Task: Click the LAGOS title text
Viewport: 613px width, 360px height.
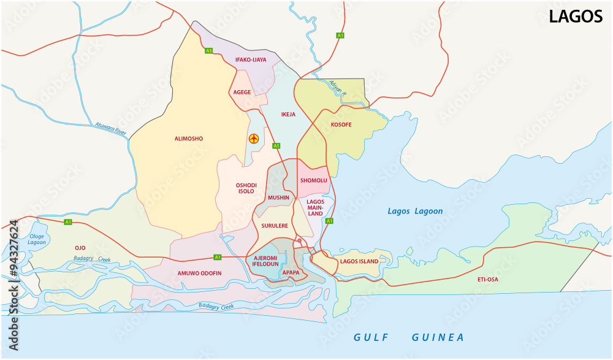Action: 575,17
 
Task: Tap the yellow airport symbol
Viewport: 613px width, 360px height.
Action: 253,139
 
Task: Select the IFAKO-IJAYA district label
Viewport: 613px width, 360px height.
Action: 251,59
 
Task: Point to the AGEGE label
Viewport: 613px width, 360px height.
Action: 243,92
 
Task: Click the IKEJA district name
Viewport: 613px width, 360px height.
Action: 288,114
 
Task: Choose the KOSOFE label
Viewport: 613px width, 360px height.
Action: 341,124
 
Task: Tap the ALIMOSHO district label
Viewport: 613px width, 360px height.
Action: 188,139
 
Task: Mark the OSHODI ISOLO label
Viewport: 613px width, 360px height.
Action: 246,188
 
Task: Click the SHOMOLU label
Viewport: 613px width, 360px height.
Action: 313,180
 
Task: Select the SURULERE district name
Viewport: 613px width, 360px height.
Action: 274,226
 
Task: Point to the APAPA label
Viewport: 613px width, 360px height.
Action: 291,272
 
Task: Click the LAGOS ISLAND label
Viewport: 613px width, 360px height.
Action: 359,261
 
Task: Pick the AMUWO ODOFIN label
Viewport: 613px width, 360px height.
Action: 199,273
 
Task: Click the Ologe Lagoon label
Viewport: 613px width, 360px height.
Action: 37,239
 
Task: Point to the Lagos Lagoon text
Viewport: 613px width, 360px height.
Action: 414,212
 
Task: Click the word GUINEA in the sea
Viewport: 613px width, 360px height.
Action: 438,337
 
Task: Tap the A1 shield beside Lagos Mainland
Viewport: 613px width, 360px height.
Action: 329,221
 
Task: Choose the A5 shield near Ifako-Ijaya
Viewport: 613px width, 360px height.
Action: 208,50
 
